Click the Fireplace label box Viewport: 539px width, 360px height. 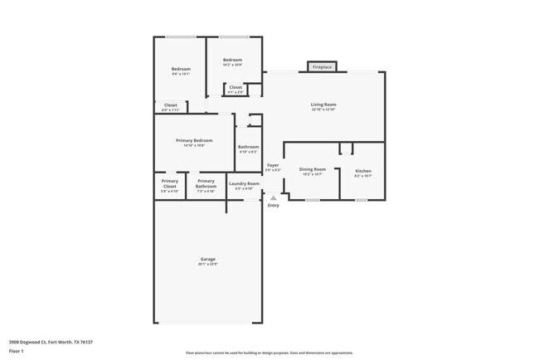[322, 66]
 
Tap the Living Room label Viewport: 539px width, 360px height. [323, 105]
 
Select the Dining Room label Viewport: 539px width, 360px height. [312, 169]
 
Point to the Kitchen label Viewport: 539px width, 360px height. [363, 170]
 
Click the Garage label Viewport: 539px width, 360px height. [207, 260]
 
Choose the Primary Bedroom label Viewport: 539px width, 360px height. [194, 140]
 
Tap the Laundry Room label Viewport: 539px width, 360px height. [244, 183]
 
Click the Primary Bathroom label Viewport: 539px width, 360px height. [206, 183]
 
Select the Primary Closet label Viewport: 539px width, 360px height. [170, 183]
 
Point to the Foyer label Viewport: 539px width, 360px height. [273, 165]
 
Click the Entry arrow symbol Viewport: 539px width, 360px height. [273, 198]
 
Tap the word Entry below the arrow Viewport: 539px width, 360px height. [274, 206]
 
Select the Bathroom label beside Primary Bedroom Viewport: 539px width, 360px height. [249, 147]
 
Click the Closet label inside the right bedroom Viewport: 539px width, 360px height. [236, 87]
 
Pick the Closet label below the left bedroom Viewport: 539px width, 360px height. [170, 105]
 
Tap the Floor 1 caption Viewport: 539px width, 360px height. [17, 351]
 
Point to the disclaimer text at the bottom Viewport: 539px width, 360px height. [269, 353]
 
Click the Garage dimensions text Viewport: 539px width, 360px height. [207, 265]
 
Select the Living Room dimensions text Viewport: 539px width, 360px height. [323, 109]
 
